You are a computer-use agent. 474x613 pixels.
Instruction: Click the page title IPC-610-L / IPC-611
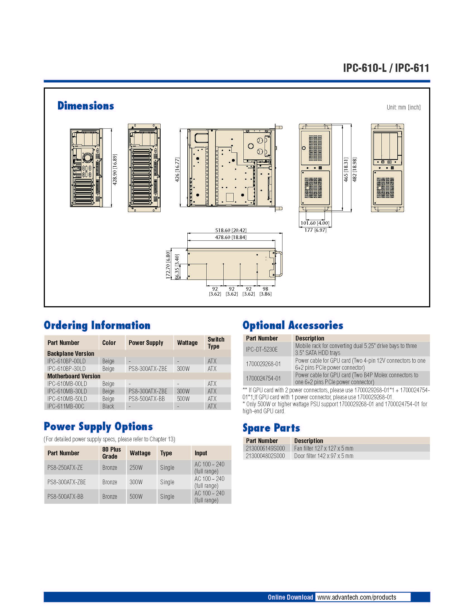click(x=386, y=68)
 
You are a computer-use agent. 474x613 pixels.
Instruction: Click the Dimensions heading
click(x=86, y=106)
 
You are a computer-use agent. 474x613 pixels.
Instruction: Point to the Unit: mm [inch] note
click(x=403, y=107)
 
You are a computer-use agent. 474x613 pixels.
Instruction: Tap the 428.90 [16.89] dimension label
click(x=115, y=169)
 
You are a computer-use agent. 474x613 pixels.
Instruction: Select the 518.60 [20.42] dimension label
click(x=231, y=230)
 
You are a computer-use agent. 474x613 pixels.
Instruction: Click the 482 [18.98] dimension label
click(x=354, y=169)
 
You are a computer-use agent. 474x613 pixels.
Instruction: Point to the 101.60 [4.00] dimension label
click(x=315, y=223)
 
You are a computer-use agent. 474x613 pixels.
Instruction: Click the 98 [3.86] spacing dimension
click(x=265, y=291)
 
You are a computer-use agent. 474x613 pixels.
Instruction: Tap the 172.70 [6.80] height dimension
click(x=168, y=265)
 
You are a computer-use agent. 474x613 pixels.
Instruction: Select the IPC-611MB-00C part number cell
click(x=66, y=406)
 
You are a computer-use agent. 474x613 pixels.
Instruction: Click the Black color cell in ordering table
click(x=108, y=406)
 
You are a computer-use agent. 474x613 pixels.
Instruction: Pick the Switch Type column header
click(x=216, y=343)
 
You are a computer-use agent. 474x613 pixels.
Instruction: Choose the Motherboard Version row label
click(x=74, y=376)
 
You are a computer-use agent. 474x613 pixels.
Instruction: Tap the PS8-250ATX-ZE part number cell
click(x=65, y=468)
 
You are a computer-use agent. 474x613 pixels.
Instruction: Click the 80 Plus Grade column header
click(x=112, y=453)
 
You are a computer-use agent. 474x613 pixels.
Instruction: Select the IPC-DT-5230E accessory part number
click(x=262, y=349)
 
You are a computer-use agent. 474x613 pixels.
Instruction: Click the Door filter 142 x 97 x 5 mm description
click(x=323, y=456)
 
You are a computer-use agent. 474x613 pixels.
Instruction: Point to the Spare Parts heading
click(x=271, y=428)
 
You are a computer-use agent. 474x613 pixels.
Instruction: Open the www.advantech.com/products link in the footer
click(x=357, y=597)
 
